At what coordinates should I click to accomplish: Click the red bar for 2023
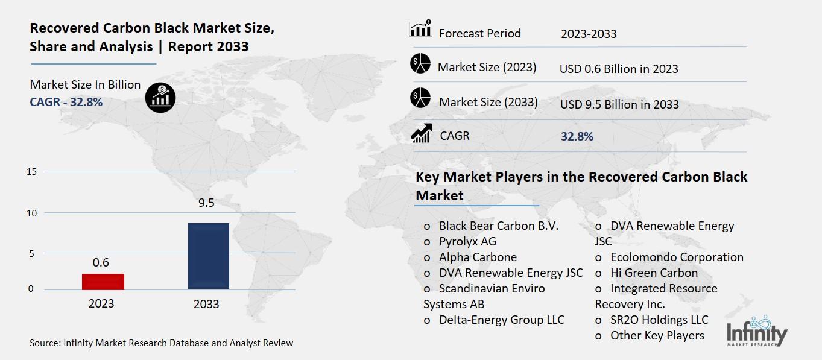[x=103, y=282]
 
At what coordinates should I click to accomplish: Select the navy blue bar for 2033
[x=208, y=256]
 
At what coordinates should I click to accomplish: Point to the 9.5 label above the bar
[x=206, y=203]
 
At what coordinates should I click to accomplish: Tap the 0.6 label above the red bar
[x=101, y=262]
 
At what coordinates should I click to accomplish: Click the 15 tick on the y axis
[x=32, y=172]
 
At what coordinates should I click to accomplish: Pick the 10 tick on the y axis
[x=32, y=213]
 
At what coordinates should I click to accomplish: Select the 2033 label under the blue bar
[x=206, y=304]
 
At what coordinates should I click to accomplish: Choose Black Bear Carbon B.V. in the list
[x=498, y=226]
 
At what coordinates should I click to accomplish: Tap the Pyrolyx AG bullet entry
[x=467, y=241]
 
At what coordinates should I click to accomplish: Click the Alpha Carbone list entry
[x=478, y=257]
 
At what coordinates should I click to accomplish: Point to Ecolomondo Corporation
[x=677, y=257]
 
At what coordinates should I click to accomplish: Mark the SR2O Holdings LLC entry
[x=659, y=320]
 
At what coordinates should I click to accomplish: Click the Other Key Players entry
[x=657, y=335]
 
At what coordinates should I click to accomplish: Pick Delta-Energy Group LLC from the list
[x=501, y=320]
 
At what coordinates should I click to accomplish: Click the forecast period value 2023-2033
[x=589, y=34]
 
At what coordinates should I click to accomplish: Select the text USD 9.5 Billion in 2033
[x=619, y=104]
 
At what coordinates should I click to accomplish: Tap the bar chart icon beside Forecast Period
[x=420, y=29]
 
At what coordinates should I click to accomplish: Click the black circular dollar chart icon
[x=160, y=96]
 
